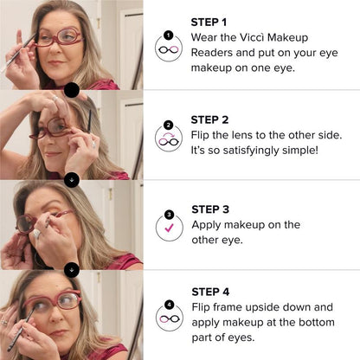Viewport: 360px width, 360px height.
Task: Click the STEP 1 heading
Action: click(x=209, y=21)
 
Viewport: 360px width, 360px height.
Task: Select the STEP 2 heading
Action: click(x=209, y=119)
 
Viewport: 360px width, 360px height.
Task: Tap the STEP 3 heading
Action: click(x=209, y=209)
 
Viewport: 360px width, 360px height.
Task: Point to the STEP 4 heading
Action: click(x=209, y=292)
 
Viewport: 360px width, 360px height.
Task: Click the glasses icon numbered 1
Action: click(x=168, y=47)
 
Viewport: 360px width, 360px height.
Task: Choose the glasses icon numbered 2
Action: click(x=168, y=138)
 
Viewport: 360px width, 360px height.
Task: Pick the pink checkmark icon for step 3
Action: click(x=168, y=225)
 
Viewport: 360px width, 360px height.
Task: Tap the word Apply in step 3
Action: click(x=208, y=225)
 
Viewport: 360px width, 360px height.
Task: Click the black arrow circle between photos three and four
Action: click(x=72, y=270)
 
